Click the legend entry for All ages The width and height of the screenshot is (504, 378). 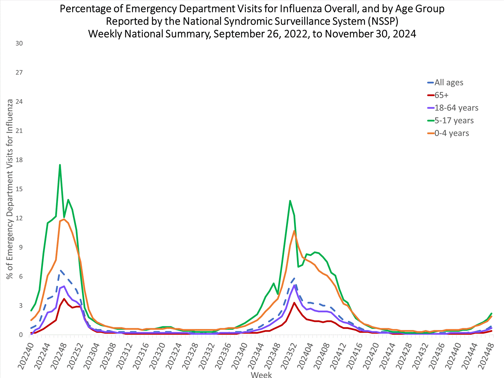tap(449, 83)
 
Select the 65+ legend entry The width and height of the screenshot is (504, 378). tap(441, 95)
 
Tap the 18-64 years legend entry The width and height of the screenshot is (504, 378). tap(456, 108)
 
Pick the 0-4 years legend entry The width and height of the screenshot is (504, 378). tap(451, 133)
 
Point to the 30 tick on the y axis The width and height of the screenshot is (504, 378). tap(19, 43)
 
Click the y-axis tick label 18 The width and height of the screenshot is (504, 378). tap(19, 160)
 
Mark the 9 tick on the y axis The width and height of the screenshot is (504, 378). tap(21, 247)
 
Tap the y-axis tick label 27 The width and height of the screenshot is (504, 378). tap(19, 73)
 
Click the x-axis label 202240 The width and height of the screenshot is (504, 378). tap(26, 356)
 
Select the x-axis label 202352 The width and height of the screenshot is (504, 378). tap(289, 356)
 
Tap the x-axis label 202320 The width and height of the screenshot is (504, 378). tap(158, 356)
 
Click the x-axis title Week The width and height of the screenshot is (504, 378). tap(261, 374)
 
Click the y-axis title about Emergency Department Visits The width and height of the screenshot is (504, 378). tap(10, 189)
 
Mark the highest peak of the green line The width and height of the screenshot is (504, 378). tap(60, 165)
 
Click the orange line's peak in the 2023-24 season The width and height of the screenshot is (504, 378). tap(294, 231)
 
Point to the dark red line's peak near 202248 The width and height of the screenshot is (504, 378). tap(64, 299)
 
